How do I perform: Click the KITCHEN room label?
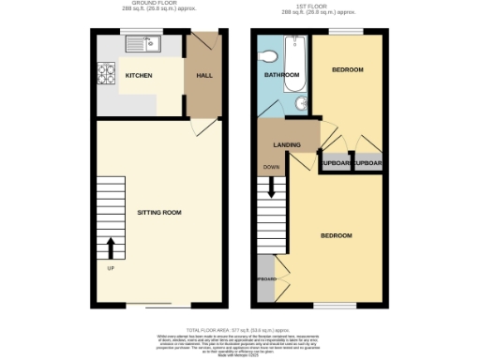coord(140,75)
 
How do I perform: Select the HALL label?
coord(202,75)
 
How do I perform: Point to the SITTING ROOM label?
coord(158,213)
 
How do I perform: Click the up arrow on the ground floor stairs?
coord(112,247)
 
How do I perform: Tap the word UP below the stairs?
coord(110,272)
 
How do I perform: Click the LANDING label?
coord(287,145)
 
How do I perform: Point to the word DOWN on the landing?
coord(271,168)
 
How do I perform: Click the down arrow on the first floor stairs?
coord(271,187)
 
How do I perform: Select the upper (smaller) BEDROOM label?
coord(348,70)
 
